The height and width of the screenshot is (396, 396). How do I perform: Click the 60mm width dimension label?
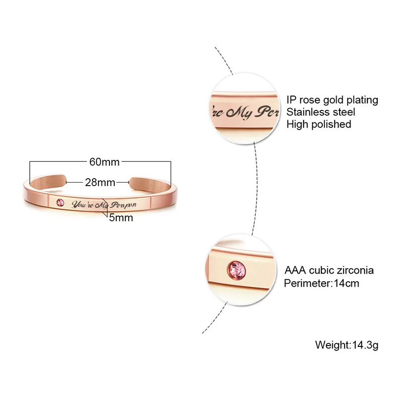(x=104, y=162)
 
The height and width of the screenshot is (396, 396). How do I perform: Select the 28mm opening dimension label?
(x=100, y=182)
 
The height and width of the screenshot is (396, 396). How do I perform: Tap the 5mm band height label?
(x=121, y=218)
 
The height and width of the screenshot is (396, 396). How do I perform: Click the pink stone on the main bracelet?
(x=60, y=202)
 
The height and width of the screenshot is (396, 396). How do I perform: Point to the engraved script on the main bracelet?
(x=104, y=205)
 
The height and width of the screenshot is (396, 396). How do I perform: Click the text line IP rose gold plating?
(x=332, y=100)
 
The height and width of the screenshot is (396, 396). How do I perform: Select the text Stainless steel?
(x=321, y=112)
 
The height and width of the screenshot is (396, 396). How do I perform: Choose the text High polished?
(x=319, y=124)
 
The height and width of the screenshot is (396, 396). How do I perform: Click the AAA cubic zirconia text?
(x=329, y=270)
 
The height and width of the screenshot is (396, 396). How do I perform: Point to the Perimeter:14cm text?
(x=321, y=283)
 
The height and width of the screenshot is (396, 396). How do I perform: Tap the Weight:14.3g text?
(x=347, y=345)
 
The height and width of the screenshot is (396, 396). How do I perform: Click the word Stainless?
(x=307, y=112)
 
